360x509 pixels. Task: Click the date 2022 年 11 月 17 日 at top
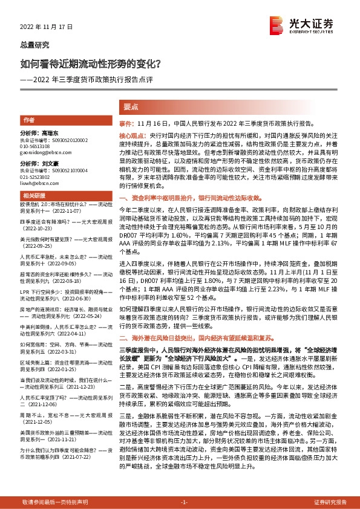46,27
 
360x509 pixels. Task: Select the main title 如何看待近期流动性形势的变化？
91,63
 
